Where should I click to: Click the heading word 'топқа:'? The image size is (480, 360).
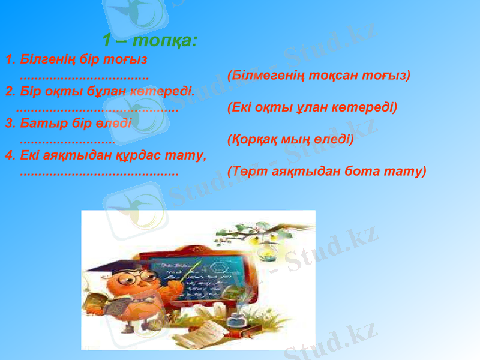pyautogui.click(x=166, y=41)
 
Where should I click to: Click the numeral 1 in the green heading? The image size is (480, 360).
pyautogui.click(x=107, y=41)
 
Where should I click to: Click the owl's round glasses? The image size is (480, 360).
pyautogui.click(x=142, y=277)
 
